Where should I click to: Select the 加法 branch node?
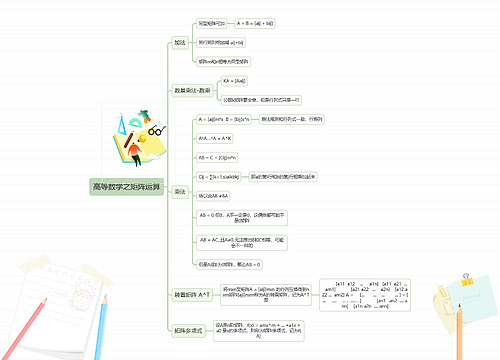[180, 43]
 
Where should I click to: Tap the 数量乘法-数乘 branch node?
[192, 90]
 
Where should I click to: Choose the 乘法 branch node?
[180, 191]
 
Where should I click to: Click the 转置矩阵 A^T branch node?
[192, 295]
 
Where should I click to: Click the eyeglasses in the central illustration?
[155, 130]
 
